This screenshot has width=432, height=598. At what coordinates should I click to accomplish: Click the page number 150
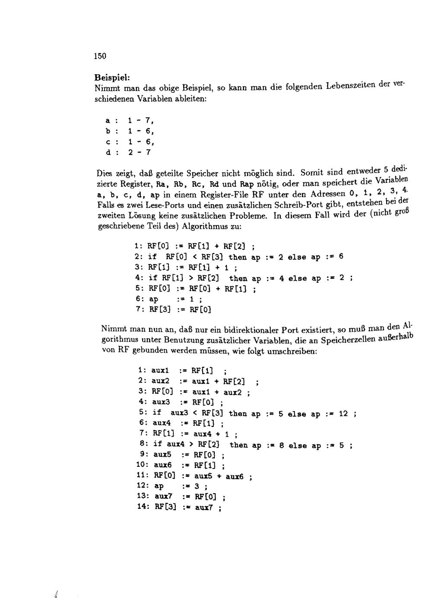pyautogui.click(x=99, y=56)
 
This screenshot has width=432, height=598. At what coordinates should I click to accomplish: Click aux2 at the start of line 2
pyautogui.click(x=160, y=381)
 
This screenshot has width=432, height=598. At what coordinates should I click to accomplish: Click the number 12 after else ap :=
pyautogui.click(x=343, y=413)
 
